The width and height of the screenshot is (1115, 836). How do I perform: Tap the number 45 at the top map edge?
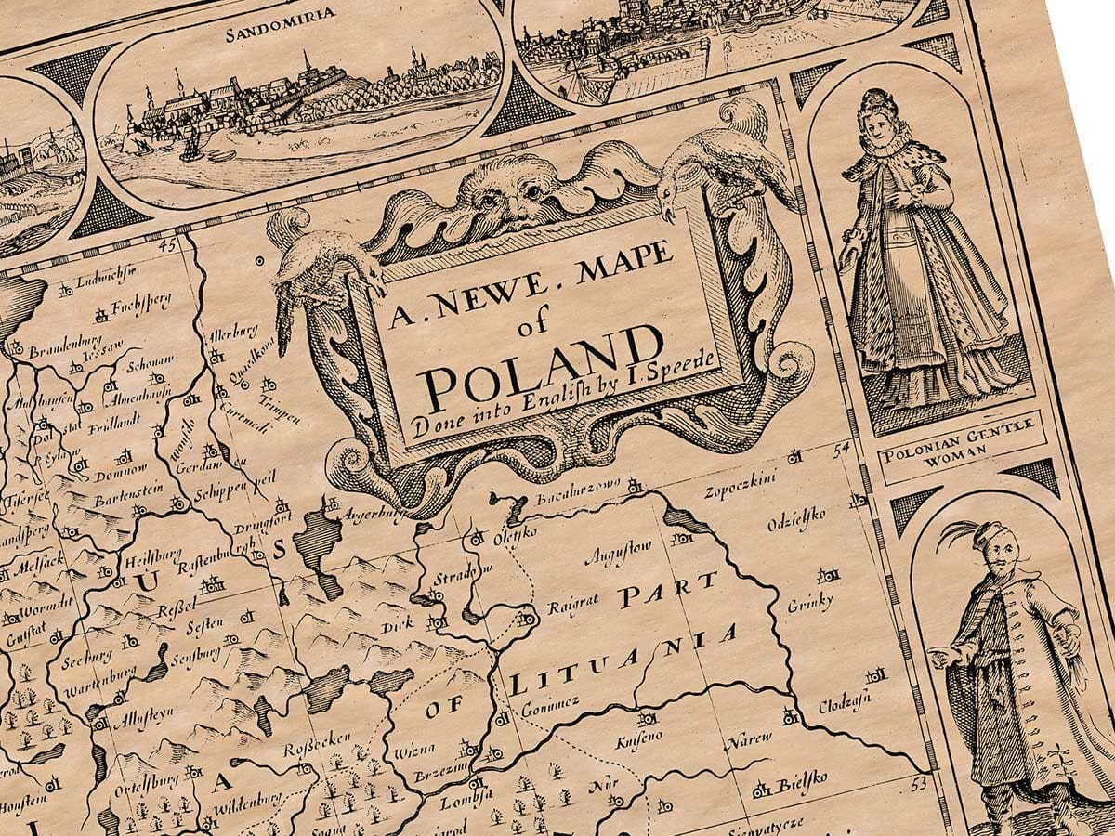click(167, 246)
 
